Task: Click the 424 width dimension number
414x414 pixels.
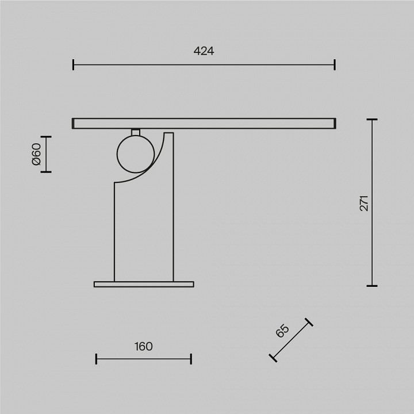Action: (204, 51)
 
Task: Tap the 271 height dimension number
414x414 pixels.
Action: (364, 203)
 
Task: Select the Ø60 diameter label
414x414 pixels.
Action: (36, 154)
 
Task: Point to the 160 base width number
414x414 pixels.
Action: (143, 346)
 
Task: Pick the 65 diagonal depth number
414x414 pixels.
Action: (282, 332)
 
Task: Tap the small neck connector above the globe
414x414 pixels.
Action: (136, 132)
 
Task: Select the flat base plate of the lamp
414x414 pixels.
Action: (144, 284)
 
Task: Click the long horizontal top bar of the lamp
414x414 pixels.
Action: (204, 123)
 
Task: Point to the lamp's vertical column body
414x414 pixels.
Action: (144, 230)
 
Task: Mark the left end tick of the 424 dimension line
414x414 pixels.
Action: (74, 64)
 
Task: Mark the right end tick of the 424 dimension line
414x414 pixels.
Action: (334, 64)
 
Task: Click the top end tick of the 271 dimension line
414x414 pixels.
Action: (372, 120)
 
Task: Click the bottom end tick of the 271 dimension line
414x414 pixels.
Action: (372, 285)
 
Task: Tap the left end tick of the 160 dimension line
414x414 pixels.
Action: (96, 359)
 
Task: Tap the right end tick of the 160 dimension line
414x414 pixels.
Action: (191, 359)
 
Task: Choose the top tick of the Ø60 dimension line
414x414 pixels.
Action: (46, 137)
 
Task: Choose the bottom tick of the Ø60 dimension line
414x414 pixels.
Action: (46, 171)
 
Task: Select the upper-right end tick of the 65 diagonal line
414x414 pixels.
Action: (309, 322)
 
